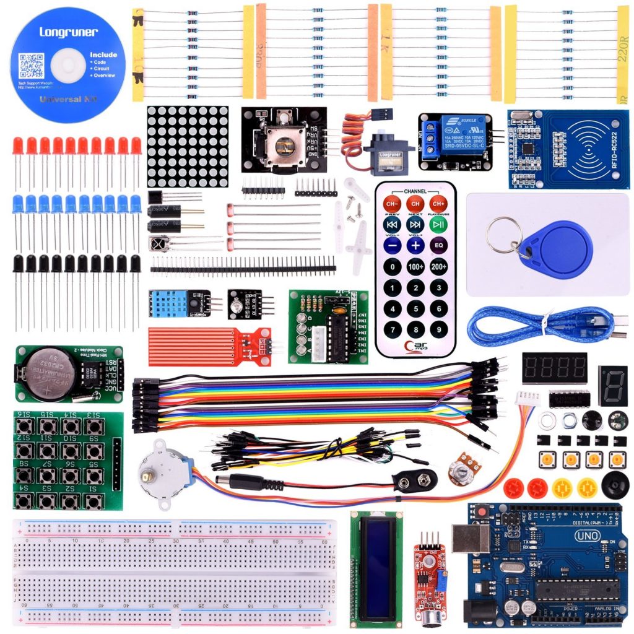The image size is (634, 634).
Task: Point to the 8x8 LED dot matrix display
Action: tap(188, 146)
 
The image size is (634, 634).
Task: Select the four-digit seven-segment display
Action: tap(554, 368)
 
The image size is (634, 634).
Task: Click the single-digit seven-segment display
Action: tap(612, 385)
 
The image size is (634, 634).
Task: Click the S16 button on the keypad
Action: tap(24, 426)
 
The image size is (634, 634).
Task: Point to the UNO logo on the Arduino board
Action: tap(587, 536)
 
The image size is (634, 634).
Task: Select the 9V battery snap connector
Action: tap(415, 480)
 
